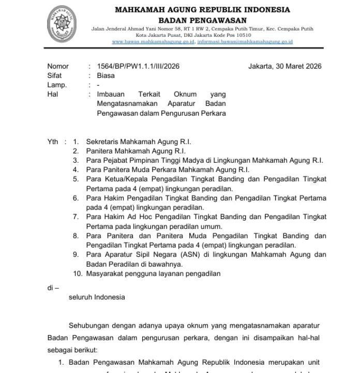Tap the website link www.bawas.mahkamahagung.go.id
(153, 41)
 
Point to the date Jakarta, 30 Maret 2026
(284, 66)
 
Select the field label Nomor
(57, 66)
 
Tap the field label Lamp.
(57, 85)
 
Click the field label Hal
(52, 95)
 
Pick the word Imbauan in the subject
(110, 95)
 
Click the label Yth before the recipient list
(53, 142)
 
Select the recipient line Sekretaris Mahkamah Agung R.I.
(139, 142)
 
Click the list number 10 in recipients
(78, 274)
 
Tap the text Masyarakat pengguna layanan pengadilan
(154, 274)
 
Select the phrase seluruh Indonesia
(97, 297)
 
